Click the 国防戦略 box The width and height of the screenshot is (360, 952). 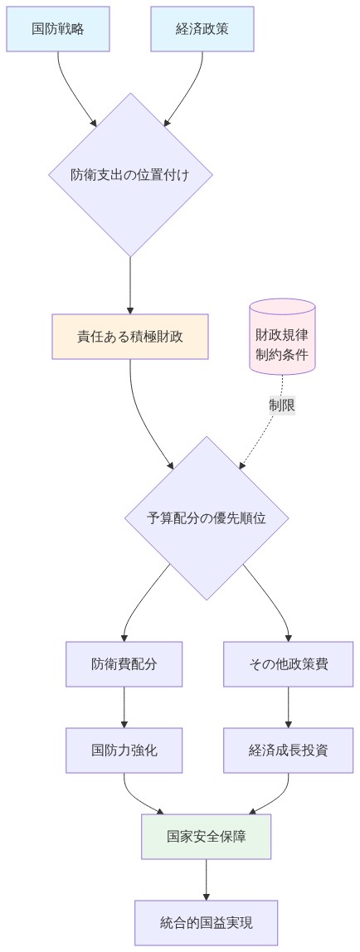[x=58, y=29]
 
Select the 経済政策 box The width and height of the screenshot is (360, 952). [x=202, y=29]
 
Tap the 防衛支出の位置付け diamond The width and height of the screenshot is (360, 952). [x=130, y=175]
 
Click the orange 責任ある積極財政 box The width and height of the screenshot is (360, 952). [x=130, y=337]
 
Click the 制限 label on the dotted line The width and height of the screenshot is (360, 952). [x=282, y=406]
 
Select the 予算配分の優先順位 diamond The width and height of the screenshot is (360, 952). [x=207, y=518]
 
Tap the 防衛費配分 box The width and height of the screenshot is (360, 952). [x=124, y=664]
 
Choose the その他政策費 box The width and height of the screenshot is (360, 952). [x=289, y=664]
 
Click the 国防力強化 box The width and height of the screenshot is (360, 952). [x=124, y=750]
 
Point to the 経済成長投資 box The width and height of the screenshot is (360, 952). [x=289, y=750]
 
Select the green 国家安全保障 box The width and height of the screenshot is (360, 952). [x=207, y=836]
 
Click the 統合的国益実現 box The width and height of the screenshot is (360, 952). [x=207, y=922]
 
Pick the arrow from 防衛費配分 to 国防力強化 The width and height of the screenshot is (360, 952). [x=124, y=707]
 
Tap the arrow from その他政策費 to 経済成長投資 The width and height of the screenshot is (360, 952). [x=289, y=707]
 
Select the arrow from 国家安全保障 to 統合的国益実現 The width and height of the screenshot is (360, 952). [x=207, y=879]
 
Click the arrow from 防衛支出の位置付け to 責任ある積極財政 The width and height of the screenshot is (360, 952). [x=130, y=286]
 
